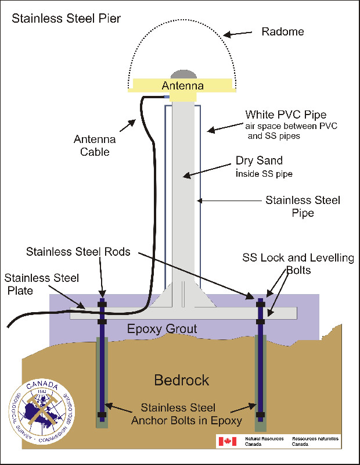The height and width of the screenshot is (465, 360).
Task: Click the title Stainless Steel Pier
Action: click(x=66, y=19)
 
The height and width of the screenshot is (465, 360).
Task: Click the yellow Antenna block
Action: click(x=183, y=86)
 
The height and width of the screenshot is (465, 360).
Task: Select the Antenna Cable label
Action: click(x=96, y=145)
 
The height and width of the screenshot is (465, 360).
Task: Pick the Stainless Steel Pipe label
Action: click(x=303, y=206)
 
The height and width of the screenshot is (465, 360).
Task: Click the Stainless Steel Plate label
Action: click(x=41, y=284)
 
